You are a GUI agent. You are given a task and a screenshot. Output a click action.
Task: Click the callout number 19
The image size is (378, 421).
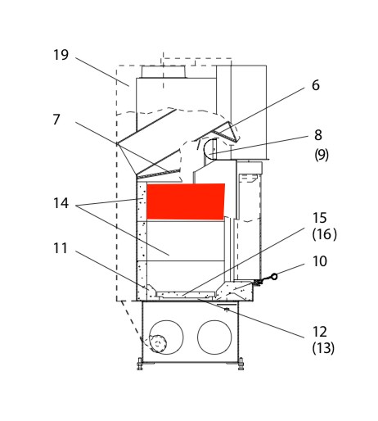[61, 55]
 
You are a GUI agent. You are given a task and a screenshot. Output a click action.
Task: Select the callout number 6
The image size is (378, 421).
[316, 85]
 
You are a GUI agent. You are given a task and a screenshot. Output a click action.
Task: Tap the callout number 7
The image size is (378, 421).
[56, 120]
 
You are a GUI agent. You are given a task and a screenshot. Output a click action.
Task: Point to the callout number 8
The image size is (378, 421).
[318, 135]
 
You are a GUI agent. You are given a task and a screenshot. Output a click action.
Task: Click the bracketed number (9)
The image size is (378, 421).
[322, 155]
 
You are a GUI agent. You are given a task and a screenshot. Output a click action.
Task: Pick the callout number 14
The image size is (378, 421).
[61, 203]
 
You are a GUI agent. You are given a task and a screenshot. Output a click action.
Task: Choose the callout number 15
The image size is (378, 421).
[319, 218]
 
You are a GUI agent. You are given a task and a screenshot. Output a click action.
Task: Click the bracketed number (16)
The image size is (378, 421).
[324, 234]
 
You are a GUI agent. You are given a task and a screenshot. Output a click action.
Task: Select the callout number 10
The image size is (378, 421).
[320, 261]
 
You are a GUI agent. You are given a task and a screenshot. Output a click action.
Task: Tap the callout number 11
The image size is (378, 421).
[61, 248]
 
